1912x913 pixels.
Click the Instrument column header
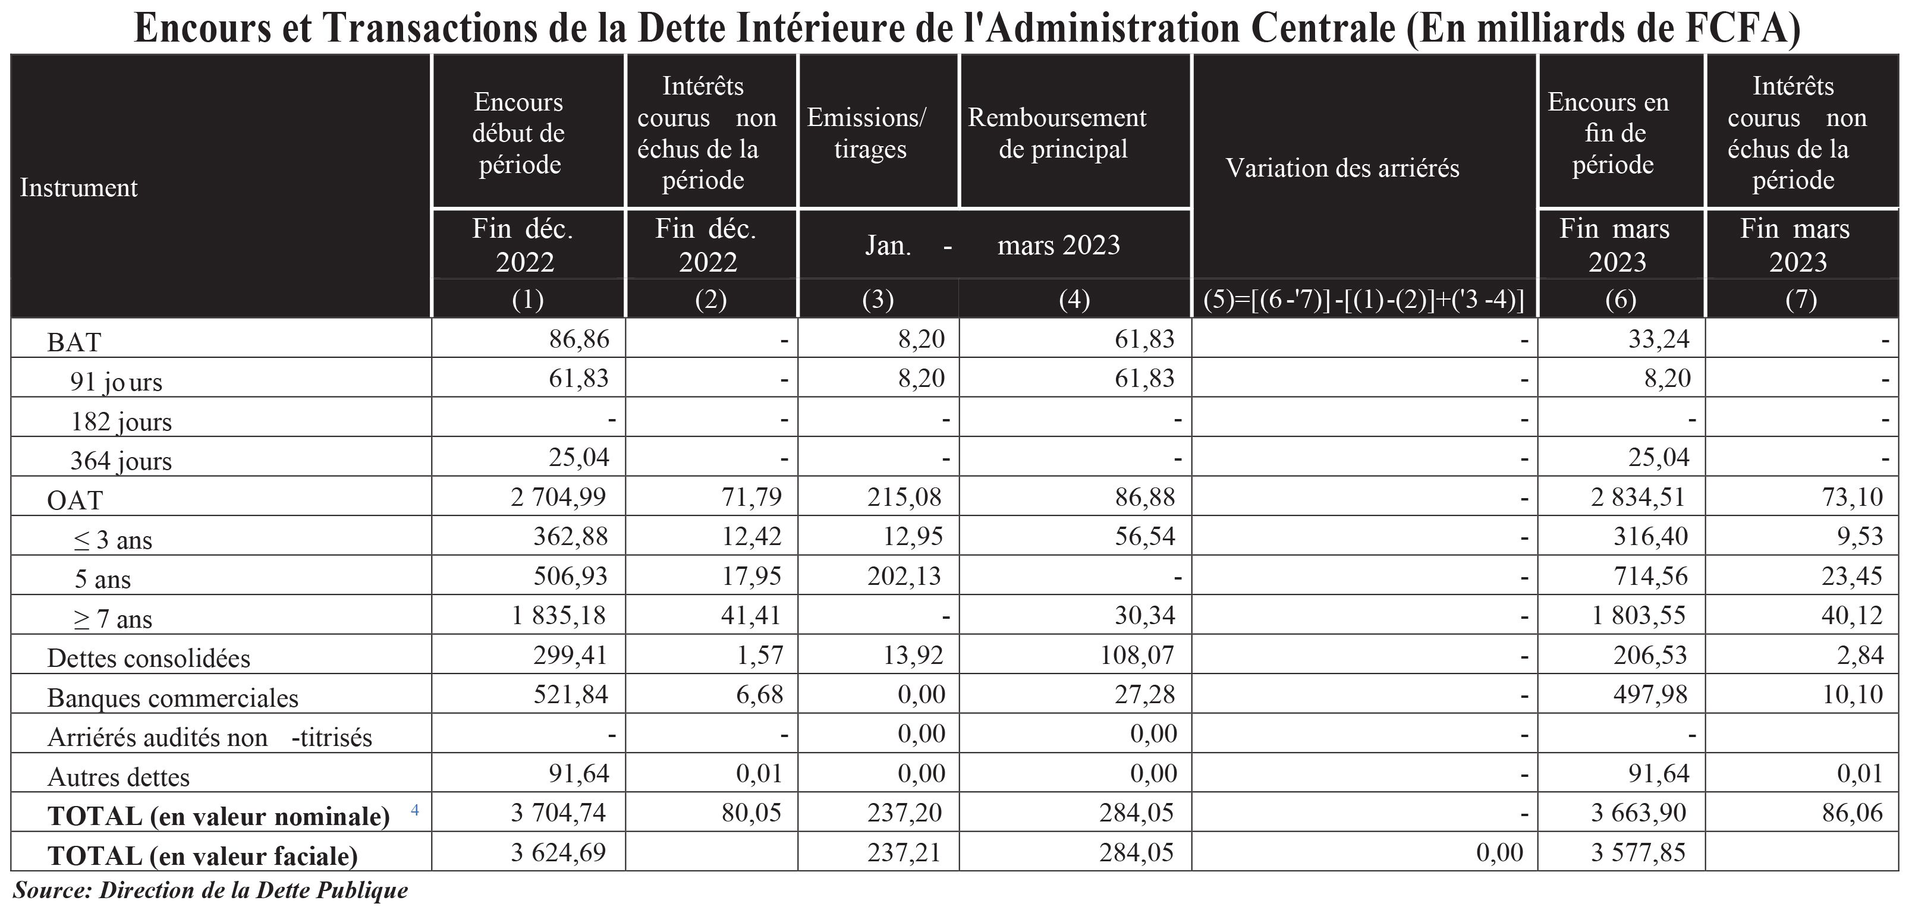point(78,188)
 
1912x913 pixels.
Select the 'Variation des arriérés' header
point(1342,168)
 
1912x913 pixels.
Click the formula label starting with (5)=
point(1363,300)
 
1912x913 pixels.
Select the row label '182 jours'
point(121,421)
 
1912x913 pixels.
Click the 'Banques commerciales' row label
point(172,698)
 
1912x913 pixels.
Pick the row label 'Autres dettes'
point(119,777)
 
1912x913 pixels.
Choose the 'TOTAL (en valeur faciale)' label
point(203,856)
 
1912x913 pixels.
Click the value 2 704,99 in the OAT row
point(558,496)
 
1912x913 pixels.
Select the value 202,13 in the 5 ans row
point(904,576)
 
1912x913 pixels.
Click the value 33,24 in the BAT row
point(1658,339)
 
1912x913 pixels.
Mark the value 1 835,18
point(558,615)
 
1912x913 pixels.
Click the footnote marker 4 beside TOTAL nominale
point(415,810)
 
